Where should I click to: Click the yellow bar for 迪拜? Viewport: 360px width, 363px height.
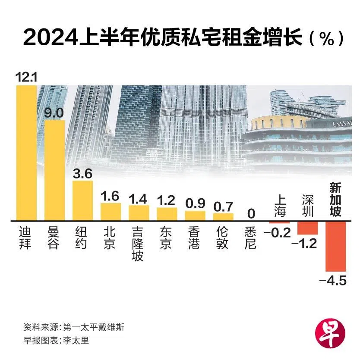[x=26, y=153]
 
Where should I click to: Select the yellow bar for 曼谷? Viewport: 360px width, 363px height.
[x=54, y=170]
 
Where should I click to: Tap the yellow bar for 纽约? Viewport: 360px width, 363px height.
[x=82, y=200]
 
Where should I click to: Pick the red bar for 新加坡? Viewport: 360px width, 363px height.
[x=335, y=246]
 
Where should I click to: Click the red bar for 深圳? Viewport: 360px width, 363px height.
[x=307, y=228]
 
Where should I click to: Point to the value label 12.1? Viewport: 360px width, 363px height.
[x=26, y=78]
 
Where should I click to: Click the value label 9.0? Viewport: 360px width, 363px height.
[x=54, y=113]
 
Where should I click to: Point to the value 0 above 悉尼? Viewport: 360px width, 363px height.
[x=250, y=213]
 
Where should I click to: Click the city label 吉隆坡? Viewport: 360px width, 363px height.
[x=139, y=244]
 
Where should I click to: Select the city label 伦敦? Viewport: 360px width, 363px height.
[x=222, y=238]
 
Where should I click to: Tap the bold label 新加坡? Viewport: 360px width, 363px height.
[x=336, y=200]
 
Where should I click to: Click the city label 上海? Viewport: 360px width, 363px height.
[x=280, y=206]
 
